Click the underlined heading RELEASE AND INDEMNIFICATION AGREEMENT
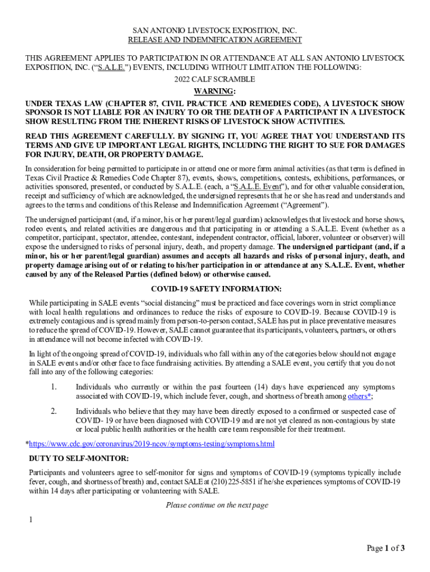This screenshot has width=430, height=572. (x=215, y=40)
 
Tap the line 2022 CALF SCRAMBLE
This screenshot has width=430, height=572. (x=215, y=79)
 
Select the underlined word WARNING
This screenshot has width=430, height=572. (x=214, y=91)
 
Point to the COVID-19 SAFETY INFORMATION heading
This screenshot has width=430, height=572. (x=216, y=289)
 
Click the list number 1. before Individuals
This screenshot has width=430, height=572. (x=54, y=387)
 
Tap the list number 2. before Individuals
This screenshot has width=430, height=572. (x=54, y=412)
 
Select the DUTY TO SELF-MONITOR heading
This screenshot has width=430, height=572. (x=79, y=459)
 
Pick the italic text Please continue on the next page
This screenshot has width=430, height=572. (x=217, y=506)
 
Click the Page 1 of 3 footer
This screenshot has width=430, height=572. (x=385, y=548)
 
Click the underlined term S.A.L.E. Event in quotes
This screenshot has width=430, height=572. (x=255, y=187)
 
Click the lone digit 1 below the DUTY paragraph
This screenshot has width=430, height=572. (x=31, y=520)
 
